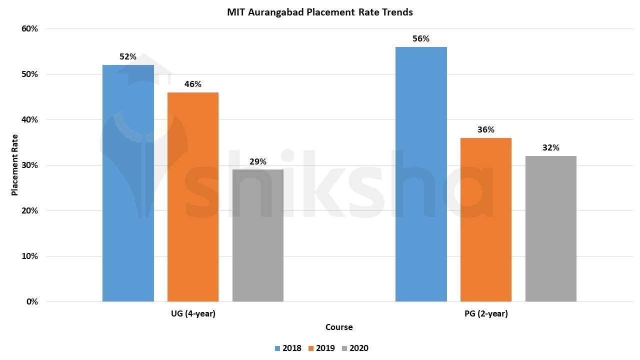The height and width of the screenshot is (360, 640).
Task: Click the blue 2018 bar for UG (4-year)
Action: [x=128, y=183]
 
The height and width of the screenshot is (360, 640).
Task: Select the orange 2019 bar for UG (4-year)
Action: [x=193, y=197]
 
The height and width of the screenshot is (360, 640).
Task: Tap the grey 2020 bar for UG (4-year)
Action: [x=258, y=235]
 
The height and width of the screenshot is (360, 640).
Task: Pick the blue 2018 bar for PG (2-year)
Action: [x=421, y=174]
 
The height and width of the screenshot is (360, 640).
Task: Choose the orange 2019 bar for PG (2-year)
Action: [x=486, y=219]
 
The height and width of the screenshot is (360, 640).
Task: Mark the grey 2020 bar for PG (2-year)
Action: [x=551, y=228]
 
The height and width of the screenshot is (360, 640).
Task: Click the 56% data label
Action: [x=421, y=38]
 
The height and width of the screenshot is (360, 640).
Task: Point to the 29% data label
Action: [x=258, y=161]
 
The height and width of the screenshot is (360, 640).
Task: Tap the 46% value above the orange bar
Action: [x=193, y=84]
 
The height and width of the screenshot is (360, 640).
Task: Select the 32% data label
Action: [x=551, y=147]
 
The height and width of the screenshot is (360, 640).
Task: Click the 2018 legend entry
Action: [x=288, y=348]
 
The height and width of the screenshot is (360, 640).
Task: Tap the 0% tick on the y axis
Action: [x=32, y=301]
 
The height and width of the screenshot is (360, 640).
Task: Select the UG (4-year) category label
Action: [x=193, y=314]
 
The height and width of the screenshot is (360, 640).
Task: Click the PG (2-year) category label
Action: [x=485, y=314]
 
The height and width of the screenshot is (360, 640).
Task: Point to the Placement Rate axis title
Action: [x=14, y=165]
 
